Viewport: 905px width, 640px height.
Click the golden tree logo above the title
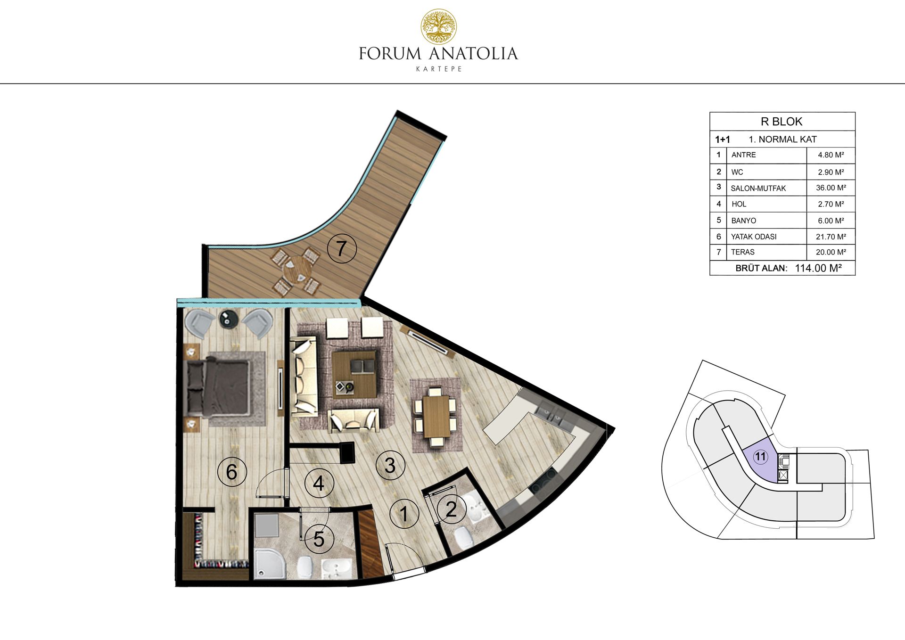tap(438, 26)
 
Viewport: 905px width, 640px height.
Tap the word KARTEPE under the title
tap(439, 69)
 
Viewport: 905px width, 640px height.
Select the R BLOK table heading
tap(782, 122)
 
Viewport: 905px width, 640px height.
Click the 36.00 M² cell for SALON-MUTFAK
tap(831, 188)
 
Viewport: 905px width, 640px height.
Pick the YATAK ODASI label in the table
tap(754, 237)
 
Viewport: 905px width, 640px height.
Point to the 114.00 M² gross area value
tap(818, 268)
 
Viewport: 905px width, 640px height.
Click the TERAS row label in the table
tap(743, 252)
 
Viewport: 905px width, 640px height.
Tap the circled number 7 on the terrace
tap(341, 248)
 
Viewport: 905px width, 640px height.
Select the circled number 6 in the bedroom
tap(231, 472)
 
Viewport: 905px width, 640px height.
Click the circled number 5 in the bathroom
tap(319, 539)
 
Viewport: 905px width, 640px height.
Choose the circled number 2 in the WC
tap(451, 509)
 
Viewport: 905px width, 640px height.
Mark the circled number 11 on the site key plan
tap(760, 456)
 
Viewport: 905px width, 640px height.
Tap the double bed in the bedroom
tap(219, 388)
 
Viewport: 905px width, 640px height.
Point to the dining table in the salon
tap(435, 417)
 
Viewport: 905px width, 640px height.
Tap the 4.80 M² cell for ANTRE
tap(831, 155)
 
